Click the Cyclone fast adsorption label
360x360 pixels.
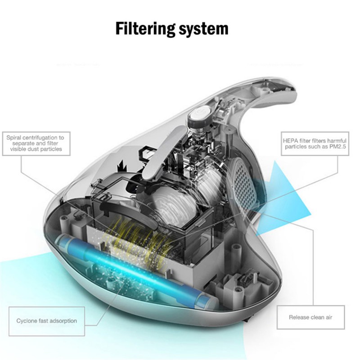pos(47,321)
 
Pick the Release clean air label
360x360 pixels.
pos(310,317)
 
